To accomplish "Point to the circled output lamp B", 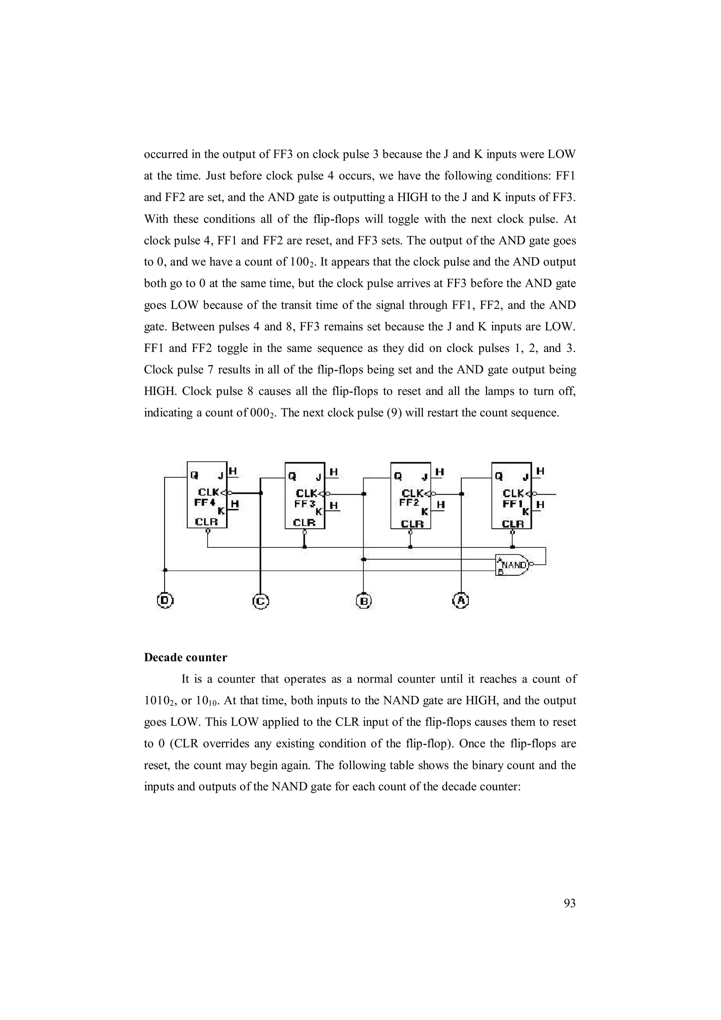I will [x=364, y=601].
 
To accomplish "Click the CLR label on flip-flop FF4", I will [x=207, y=522].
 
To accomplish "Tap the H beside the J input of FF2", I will [x=439, y=472].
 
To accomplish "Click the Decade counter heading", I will [x=185, y=657].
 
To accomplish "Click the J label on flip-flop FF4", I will [x=221, y=476].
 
